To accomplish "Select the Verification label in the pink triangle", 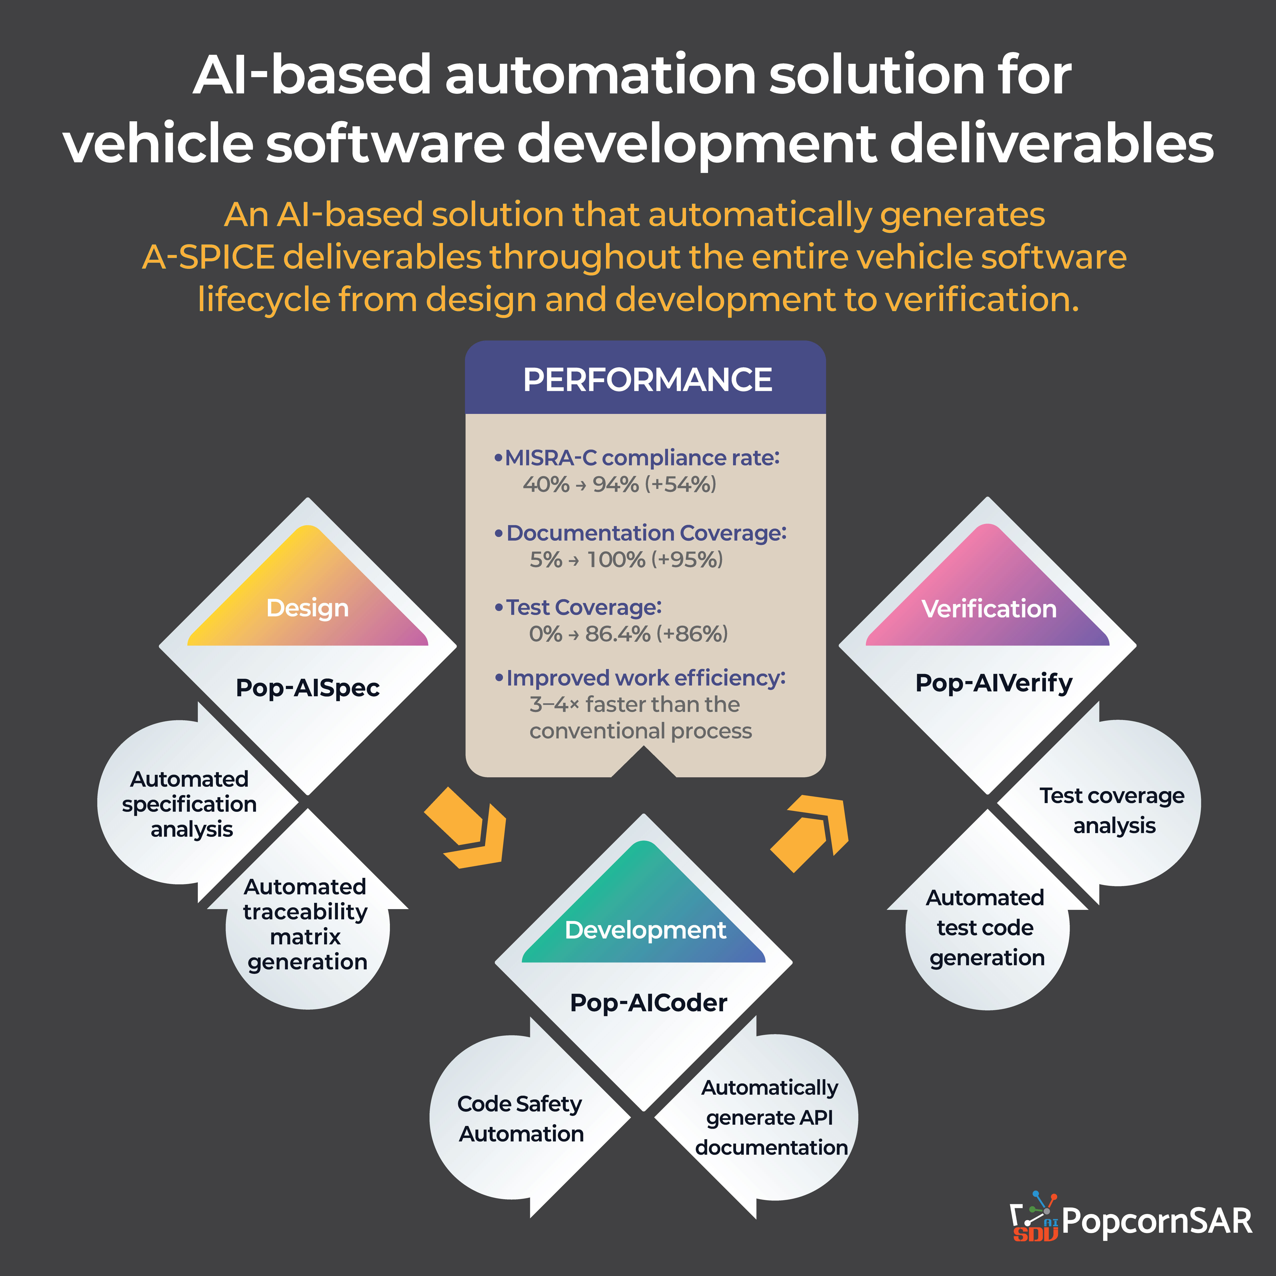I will [989, 608].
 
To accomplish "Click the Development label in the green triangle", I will [645, 930].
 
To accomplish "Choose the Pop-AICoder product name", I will [648, 1003].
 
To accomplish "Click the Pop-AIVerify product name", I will [993, 683].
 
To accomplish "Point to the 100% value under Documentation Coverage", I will [615, 559].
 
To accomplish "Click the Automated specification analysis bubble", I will [190, 804].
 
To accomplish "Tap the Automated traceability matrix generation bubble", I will [306, 925].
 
